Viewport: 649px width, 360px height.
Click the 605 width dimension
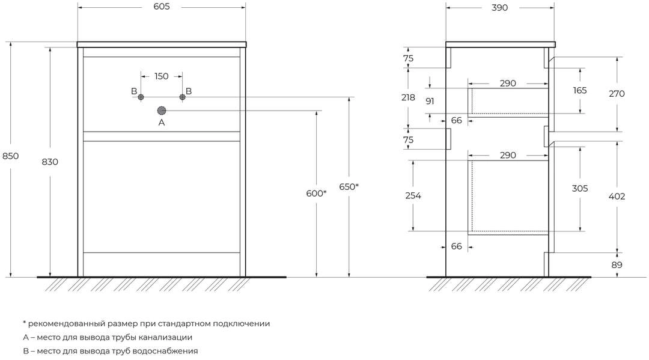point(162,7)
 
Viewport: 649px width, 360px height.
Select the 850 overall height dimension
point(10,156)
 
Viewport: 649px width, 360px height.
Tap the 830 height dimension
point(50,162)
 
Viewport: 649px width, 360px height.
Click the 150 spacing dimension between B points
point(162,76)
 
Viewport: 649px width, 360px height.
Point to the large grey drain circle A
point(162,111)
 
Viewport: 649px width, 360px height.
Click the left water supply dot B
point(141,97)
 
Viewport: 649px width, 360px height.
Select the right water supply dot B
point(182,97)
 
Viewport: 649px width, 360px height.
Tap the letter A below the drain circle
point(162,123)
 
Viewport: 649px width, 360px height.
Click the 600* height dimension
point(316,194)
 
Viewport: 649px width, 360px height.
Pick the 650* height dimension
point(349,187)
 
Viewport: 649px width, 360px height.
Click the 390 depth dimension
point(499,7)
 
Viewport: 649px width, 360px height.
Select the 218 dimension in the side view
point(408,97)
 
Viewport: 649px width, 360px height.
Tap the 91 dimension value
point(430,101)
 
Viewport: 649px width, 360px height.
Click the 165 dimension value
point(580,90)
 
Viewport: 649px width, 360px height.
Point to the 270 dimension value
point(617,94)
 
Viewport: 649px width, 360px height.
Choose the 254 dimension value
point(413,195)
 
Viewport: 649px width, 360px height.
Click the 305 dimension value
point(580,188)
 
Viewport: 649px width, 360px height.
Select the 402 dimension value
point(617,196)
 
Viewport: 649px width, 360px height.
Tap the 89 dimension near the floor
point(617,265)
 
